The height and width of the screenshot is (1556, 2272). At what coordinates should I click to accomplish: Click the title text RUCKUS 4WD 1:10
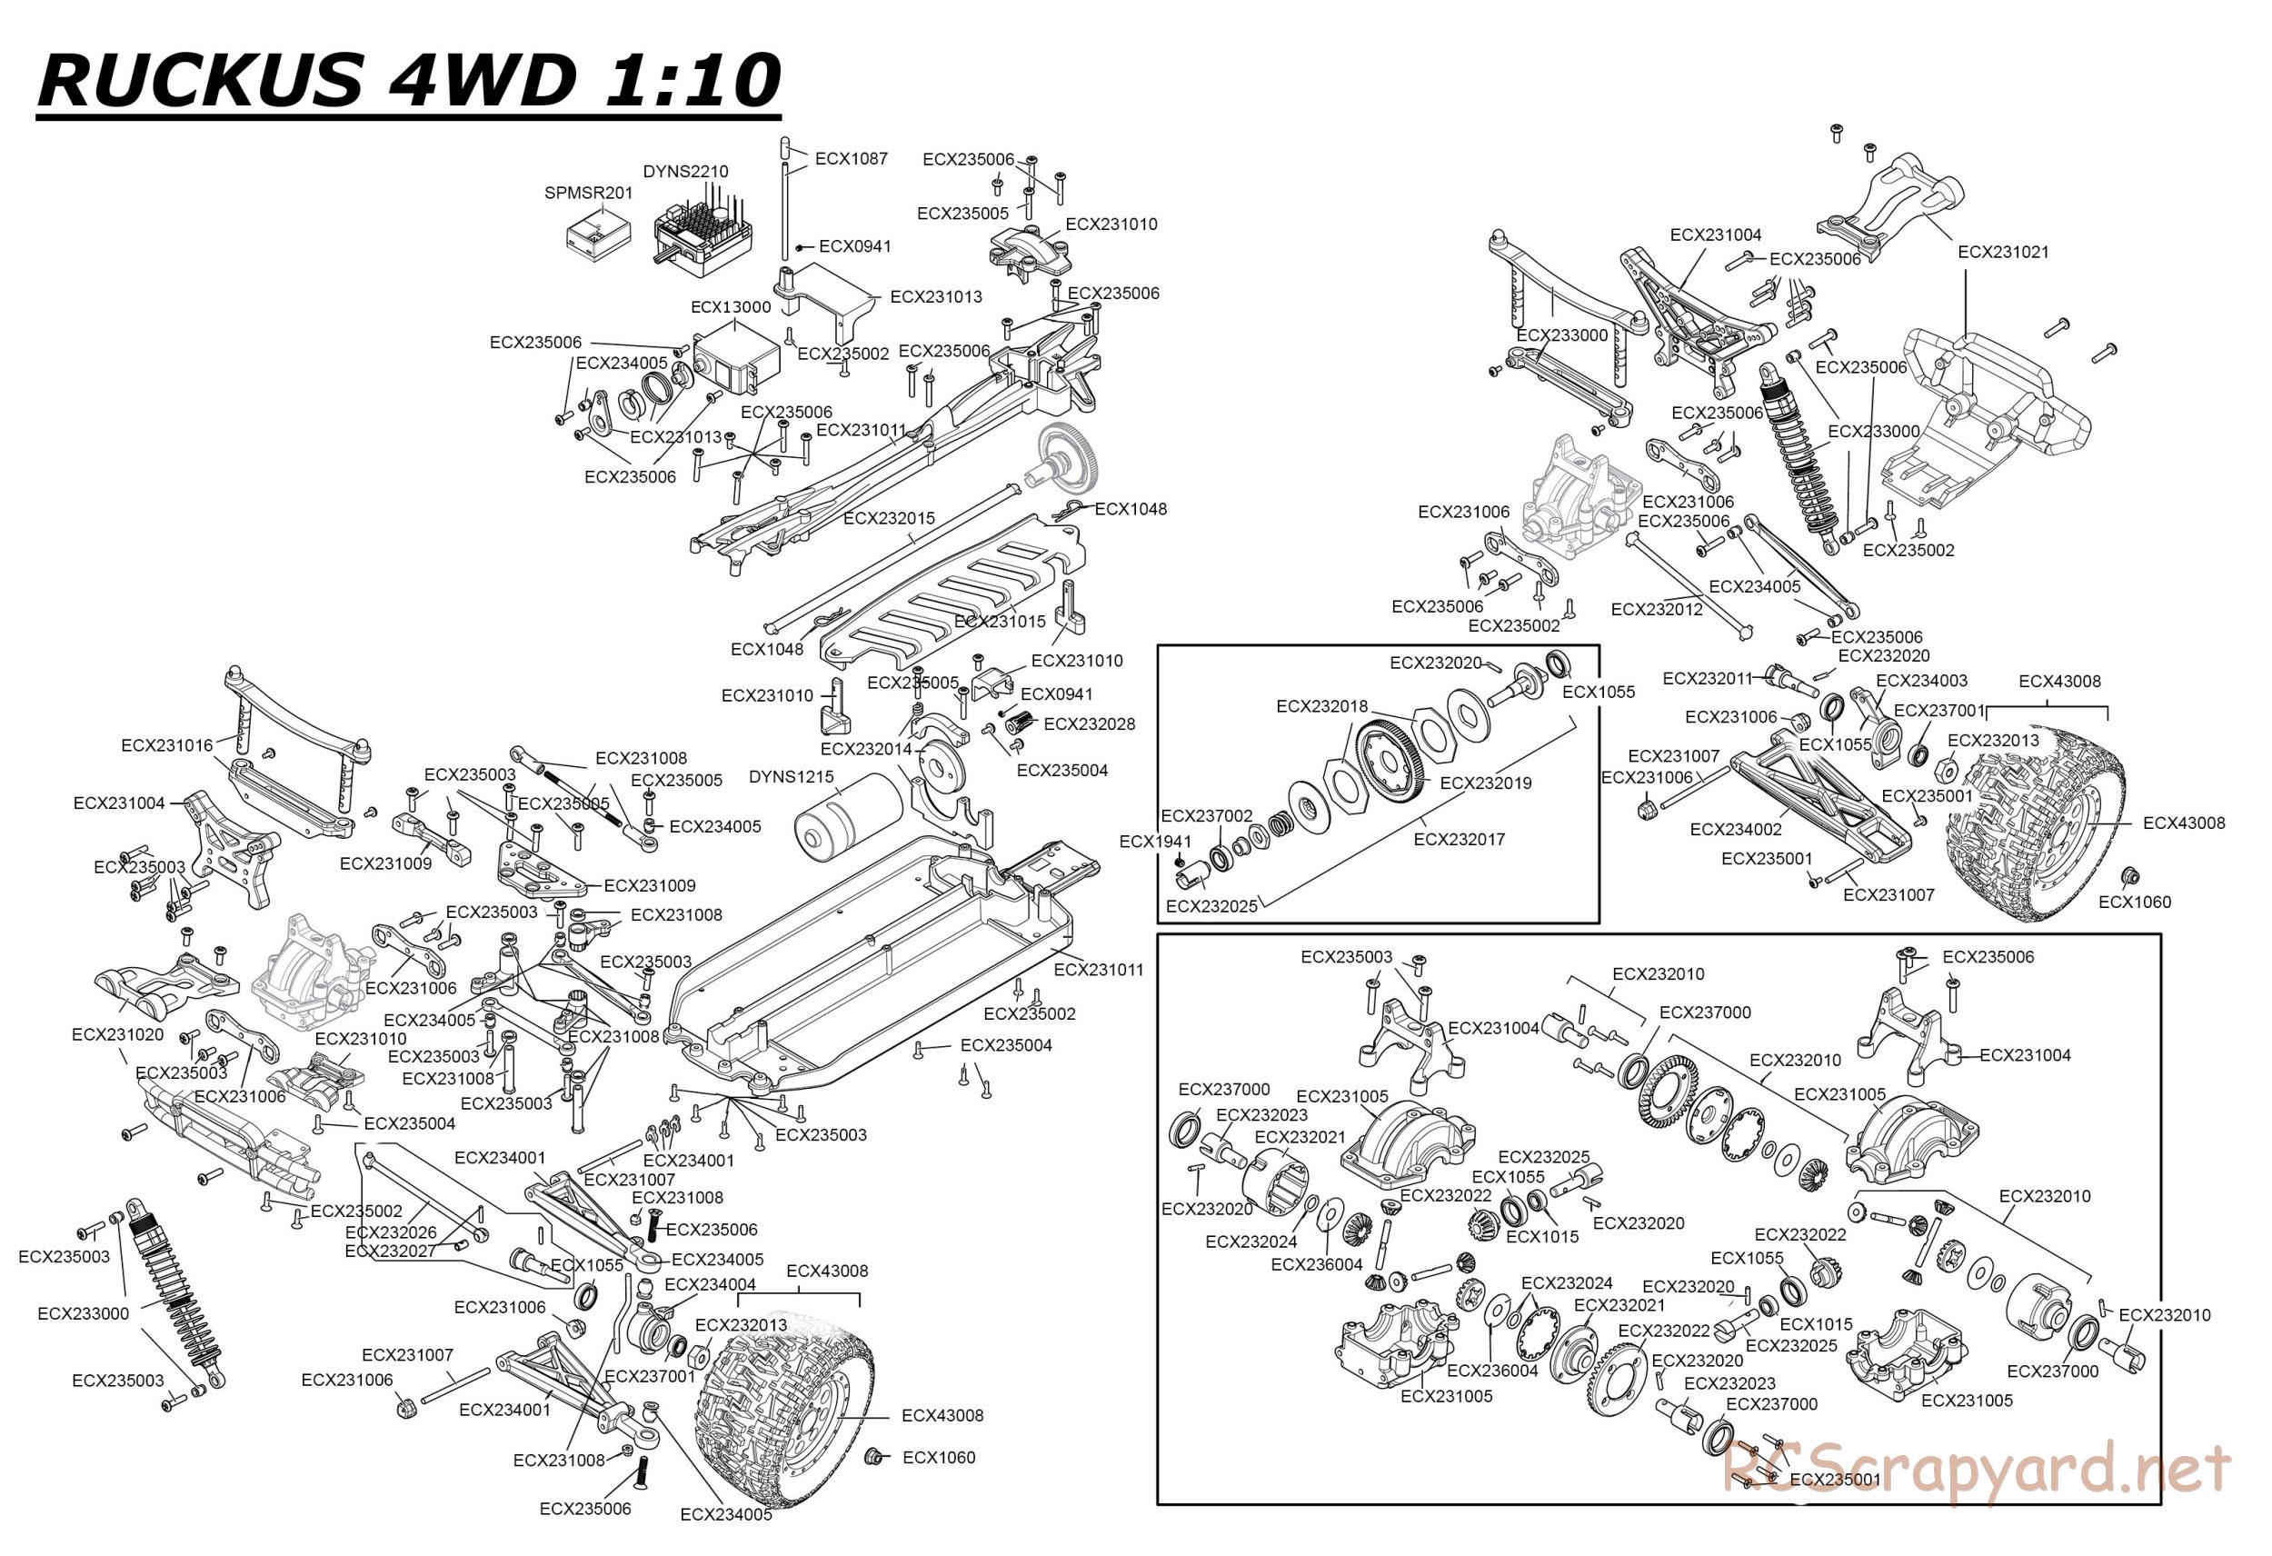(408, 79)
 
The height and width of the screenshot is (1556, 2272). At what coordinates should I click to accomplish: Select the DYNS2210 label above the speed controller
(685, 171)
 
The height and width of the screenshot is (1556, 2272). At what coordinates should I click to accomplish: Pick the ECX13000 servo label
(731, 306)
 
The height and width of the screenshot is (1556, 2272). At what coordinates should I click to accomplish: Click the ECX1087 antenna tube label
(851, 158)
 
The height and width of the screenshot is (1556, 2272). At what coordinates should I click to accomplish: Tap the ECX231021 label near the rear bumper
(2003, 252)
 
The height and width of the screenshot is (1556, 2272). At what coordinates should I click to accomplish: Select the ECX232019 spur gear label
(1486, 783)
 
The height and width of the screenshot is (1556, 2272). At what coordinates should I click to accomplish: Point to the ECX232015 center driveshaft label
(889, 517)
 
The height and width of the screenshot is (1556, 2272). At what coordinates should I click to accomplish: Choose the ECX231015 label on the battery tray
(999, 621)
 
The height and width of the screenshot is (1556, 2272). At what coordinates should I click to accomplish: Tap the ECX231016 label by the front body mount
(167, 745)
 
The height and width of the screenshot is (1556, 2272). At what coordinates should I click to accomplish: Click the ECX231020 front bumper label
(117, 1033)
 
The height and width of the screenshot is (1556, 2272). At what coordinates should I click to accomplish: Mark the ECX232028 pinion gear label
(1089, 723)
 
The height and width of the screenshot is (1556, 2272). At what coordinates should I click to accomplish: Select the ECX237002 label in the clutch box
(1206, 815)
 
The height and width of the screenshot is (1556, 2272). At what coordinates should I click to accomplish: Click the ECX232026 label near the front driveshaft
(391, 1232)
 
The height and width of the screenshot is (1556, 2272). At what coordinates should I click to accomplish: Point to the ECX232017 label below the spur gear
(1459, 838)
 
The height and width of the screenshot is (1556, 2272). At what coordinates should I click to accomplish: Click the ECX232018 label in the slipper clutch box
(1321, 706)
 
